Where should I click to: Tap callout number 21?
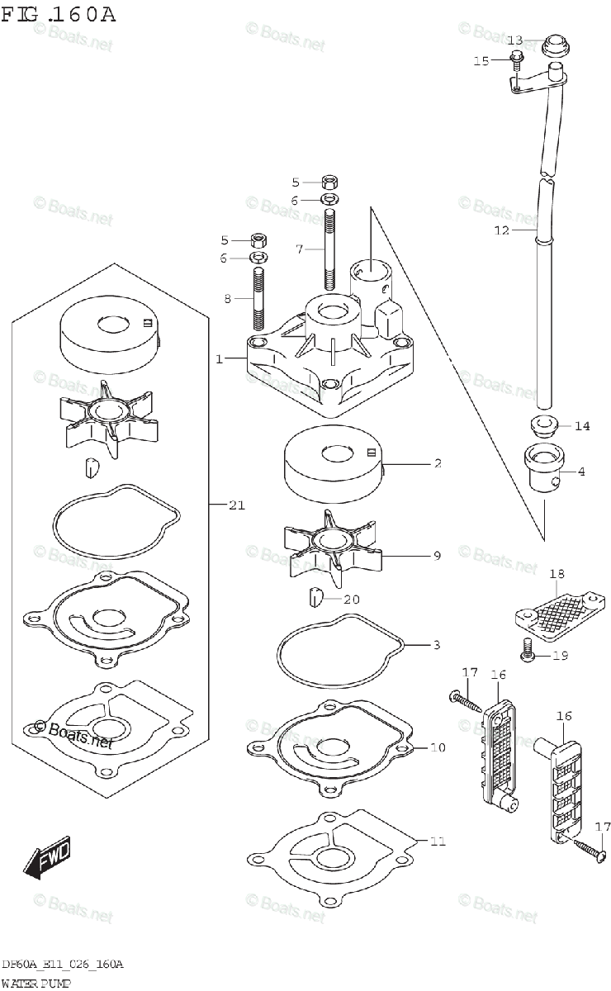[x=237, y=506]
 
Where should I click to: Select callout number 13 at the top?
[x=514, y=40]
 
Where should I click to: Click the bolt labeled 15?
[x=516, y=59]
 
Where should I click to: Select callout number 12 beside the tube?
[x=502, y=231]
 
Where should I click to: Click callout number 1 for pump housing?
[x=220, y=359]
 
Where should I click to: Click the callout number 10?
[x=438, y=747]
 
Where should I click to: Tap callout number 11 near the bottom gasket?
[x=438, y=842]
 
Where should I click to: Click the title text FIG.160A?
[x=60, y=14]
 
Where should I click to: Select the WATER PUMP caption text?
[x=37, y=982]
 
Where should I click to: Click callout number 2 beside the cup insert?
[x=438, y=464]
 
